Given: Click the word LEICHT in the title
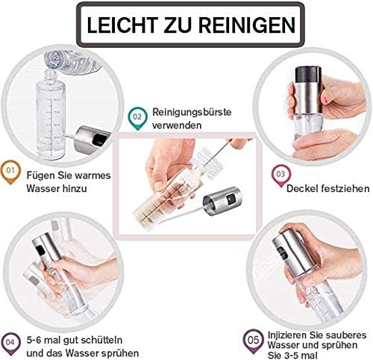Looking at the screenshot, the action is tap(122, 25).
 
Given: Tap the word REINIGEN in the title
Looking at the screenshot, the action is tap(247, 25).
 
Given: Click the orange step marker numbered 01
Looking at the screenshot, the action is tap(10, 172).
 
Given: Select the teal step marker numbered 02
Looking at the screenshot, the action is tap(137, 119).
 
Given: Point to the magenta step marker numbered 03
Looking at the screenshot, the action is tap(280, 176).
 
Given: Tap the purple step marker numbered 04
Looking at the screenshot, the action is tap(10, 344).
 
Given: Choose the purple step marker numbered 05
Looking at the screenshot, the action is tap(253, 341).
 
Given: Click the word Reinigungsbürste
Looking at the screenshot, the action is tap(192, 112).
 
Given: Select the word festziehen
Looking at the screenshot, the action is tap(345, 188).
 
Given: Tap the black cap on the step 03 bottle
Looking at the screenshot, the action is tap(307, 75).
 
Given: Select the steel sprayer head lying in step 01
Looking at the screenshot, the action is tap(92, 140).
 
